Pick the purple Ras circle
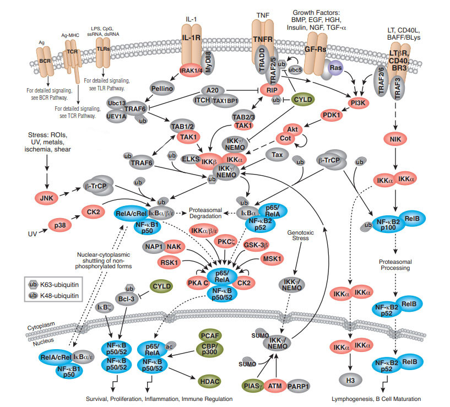pyautogui.click(x=334, y=67)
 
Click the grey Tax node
pyautogui.click(x=278, y=156)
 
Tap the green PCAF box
pyautogui.click(x=212, y=335)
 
